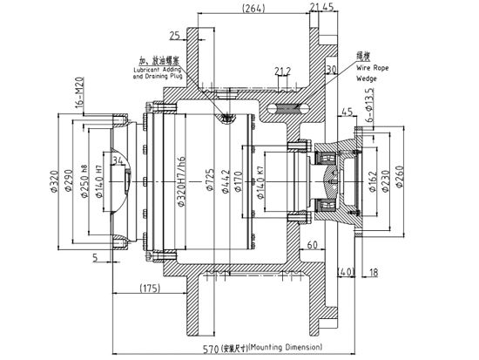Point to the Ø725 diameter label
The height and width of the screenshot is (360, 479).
pyautogui.click(x=210, y=183)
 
